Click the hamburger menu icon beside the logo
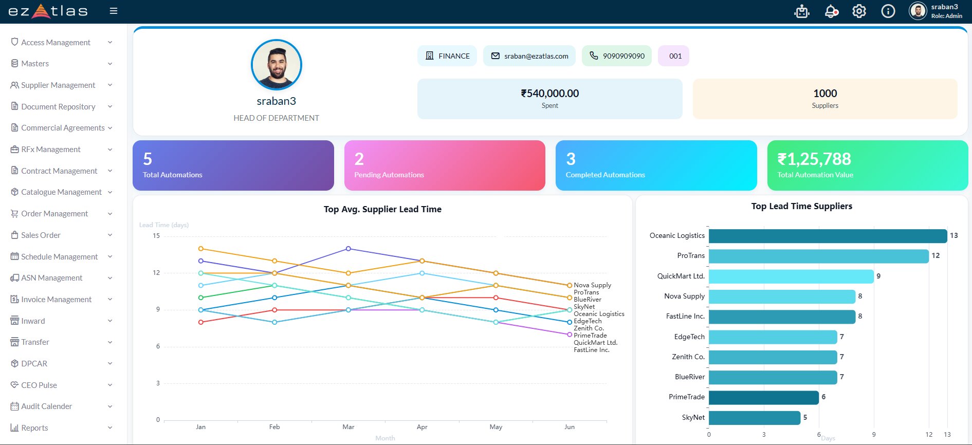114,11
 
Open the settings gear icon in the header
859,11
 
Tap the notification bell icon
831,11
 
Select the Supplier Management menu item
58,85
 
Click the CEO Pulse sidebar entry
39,385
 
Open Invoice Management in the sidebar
56,300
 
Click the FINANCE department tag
447,56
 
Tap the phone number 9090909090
617,56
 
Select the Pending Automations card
445,165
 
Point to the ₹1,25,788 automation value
814,159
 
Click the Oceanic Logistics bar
828,236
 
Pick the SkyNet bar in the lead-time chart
755,418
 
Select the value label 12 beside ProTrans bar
936,256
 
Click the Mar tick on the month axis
349,427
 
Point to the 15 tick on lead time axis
156,236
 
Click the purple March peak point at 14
349,249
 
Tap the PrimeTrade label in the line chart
590,336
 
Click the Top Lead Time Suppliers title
801,206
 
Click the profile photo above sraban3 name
277,65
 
